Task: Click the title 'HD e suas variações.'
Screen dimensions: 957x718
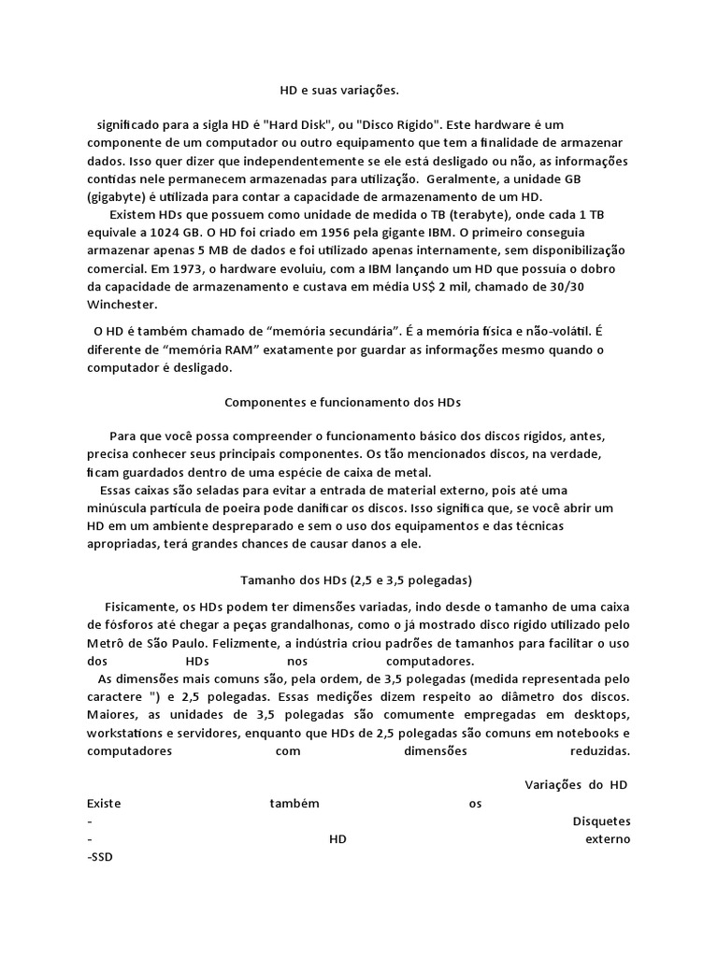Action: (339, 91)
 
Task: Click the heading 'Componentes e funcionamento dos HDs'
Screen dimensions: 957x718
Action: (343, 402)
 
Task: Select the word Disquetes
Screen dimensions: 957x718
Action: (600, 821)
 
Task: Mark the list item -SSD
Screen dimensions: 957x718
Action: (99, 856)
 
